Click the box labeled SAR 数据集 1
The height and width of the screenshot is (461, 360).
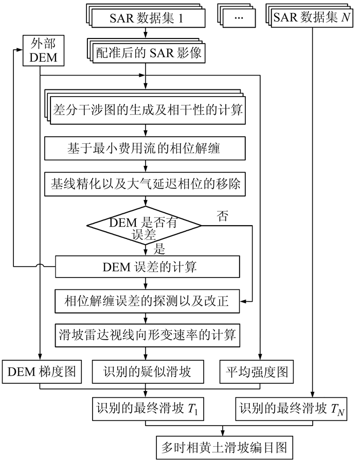click(x=146, y=20)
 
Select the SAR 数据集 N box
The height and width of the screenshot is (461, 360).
click(x=310, y=19)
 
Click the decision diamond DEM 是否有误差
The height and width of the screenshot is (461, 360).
click(x=144, y=226)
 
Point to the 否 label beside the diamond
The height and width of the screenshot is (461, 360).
click(x=222, y=216)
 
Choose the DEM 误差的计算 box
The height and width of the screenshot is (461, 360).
click(x=148, y=267)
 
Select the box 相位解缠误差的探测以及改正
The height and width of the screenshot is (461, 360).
click(x=147, y=302)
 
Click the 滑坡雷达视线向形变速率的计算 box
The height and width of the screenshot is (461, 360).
click(x=147, y=336)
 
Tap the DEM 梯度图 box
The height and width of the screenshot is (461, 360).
click(x=42, y=372)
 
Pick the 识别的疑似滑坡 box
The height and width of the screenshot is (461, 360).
click(x=148, y=372)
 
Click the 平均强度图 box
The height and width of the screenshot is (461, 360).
click(x=260, y=372)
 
